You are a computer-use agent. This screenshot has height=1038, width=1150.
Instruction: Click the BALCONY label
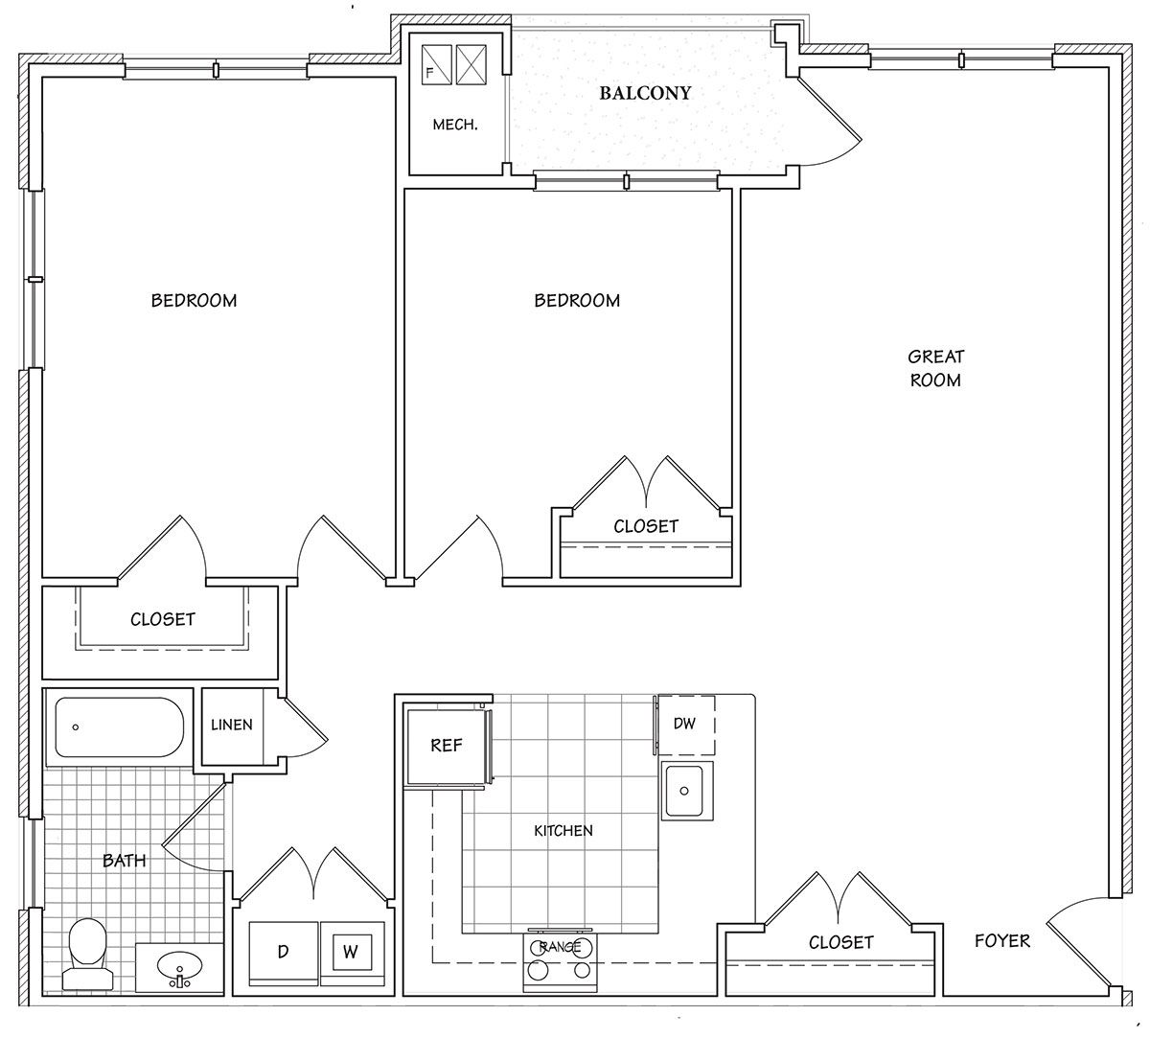[x=645, y=93]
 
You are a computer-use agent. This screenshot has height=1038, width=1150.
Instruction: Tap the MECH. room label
[x=455, y=125]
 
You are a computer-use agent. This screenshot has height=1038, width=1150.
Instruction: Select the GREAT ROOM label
[x=935, y=368]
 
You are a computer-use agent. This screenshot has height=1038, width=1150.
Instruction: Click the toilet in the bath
[x=87, y=954]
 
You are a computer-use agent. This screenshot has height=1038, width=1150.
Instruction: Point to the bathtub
[x=119, y=727]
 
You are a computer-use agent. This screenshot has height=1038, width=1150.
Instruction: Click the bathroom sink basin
[x=179, y=968]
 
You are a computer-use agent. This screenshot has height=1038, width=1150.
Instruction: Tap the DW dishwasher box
[x=685, y=725]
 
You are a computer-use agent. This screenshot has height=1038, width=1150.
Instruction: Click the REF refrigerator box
[x=447, y=746]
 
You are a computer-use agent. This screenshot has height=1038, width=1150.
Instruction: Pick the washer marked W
[x=352, y=953]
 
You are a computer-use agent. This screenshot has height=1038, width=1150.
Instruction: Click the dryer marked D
[x=284, y=953]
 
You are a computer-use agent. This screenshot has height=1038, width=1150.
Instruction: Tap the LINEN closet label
[x=232, y=725]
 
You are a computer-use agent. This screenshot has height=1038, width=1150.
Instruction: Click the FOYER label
[x=1002, y=940]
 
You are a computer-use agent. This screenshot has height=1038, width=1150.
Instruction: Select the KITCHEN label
[x=563, y=830]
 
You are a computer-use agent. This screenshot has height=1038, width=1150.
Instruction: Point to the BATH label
[x=125, y=861]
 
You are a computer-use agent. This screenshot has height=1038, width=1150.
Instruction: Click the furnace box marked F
[x=437, y=65]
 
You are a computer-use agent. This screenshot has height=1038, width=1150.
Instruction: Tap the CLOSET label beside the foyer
[x=841, y=942]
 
